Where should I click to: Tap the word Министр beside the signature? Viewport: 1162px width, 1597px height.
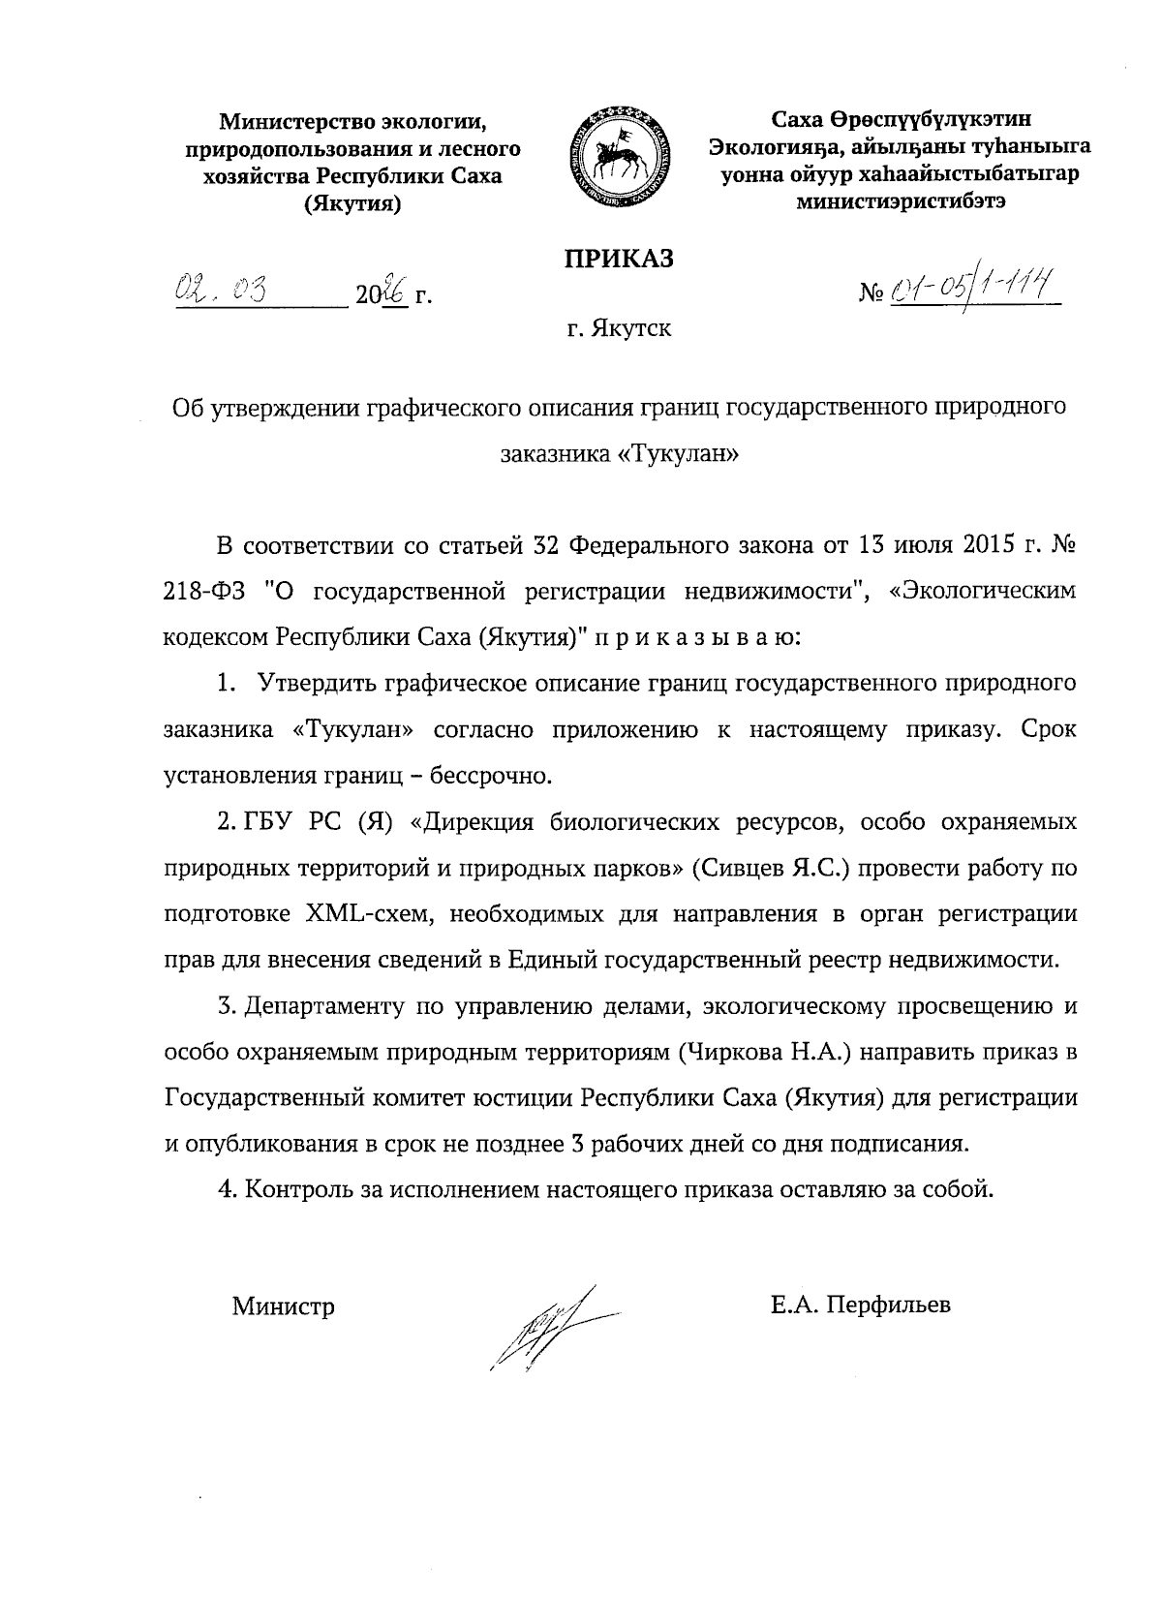283,1306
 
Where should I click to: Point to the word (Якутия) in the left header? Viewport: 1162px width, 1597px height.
352,204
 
